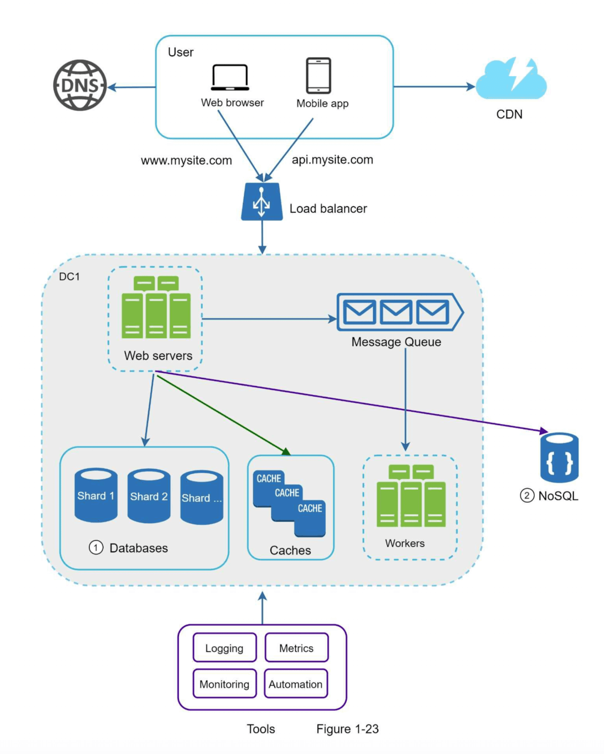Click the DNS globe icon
pos(80,85)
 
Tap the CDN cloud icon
pos(511,80)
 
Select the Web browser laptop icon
pos(230,77)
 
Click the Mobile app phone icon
pos(318,76)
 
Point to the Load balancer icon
pos(262,202)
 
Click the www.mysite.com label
pos(186,160)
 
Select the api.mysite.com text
pos(332,160)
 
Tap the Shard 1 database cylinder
pos(96,496)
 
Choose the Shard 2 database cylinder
pos(149,496)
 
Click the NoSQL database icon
pos(559,457)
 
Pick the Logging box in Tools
pos(224,648)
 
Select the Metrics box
pos(296,648)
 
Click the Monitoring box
pos(224,684)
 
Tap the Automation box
pos(296,684)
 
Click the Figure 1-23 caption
pos(348,729)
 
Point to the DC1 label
pos(69,276)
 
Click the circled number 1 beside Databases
pos(96,548)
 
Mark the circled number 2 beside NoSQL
pos(527,496)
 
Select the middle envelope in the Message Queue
pos(396,312)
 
